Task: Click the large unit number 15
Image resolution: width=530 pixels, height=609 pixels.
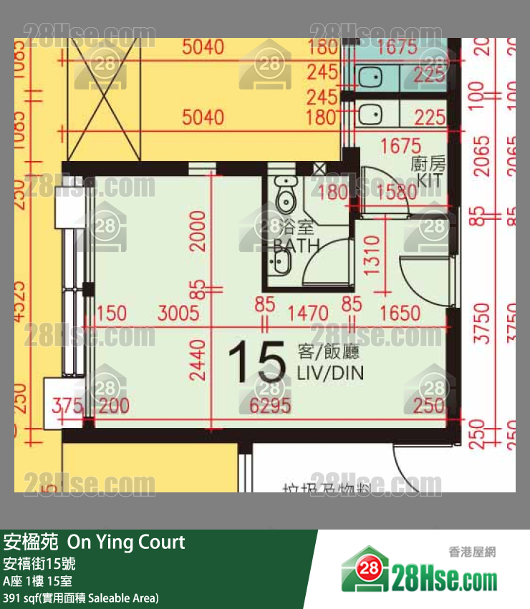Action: (x=256, y=364)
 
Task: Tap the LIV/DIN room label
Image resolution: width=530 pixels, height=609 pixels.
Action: (x=329, y=372)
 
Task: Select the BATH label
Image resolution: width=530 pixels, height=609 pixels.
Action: (x=296, y=245)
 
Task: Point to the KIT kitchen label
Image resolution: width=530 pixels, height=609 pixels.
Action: (x=430, y=180)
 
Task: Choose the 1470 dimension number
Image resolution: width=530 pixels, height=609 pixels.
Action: (x=308, y=313)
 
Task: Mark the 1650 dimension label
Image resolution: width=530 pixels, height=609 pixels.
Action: (x=400, y=313)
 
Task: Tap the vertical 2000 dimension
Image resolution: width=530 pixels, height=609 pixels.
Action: (x=198, y=230)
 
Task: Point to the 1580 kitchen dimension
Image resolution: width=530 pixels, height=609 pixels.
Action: (x=396, y=192)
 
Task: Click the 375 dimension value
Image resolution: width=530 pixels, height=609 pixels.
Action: (x=67, y=406)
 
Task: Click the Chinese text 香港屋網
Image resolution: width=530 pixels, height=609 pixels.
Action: (x=472, y=552)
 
